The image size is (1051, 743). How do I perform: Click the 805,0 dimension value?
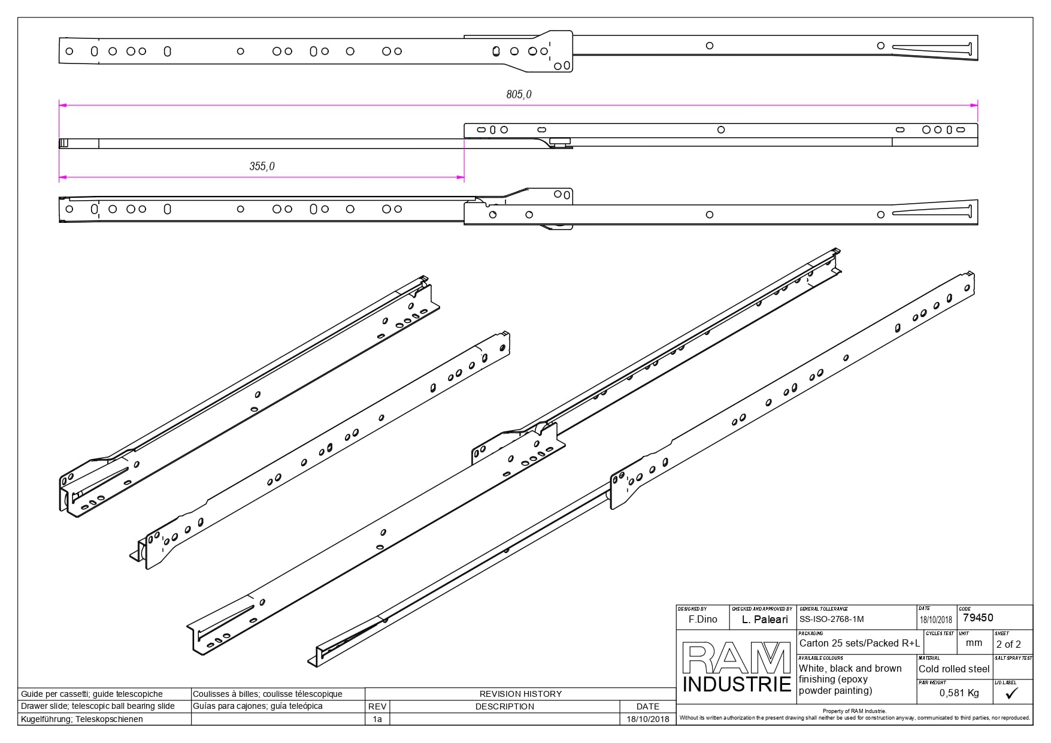(519, 94)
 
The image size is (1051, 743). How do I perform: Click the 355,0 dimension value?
(262, 166)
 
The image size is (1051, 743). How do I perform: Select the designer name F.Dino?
(702, 620)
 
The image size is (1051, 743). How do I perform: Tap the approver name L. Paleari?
(765, 620)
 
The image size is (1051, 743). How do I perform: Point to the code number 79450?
(977, 618)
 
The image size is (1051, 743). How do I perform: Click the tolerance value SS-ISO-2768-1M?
(832, 620)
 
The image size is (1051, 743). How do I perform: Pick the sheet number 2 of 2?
(1008, 644)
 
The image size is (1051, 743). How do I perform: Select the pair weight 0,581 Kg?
(959, 693)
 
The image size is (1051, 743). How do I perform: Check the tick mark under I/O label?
(1012, 693)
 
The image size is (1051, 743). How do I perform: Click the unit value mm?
(974, 642)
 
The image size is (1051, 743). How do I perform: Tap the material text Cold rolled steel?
(954, 669)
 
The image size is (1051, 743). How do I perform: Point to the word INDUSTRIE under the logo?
(737, 684)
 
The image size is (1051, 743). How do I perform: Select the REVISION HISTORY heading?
(520, 694)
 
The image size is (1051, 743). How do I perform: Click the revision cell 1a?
(377, 719)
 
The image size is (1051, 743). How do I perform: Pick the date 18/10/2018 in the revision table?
(648, 719)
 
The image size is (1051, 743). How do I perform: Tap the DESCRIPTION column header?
(504, 706)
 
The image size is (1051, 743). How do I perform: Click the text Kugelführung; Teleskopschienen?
(82, 719)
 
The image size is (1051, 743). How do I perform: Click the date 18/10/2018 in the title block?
(936, 620)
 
